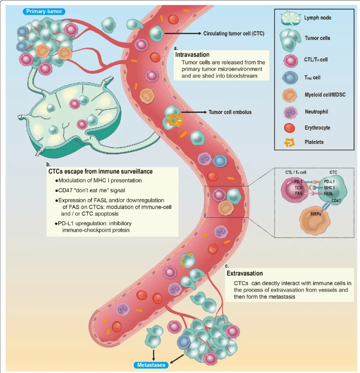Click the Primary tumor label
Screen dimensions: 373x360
point(43,11)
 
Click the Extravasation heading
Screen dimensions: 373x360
point(245,273)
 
